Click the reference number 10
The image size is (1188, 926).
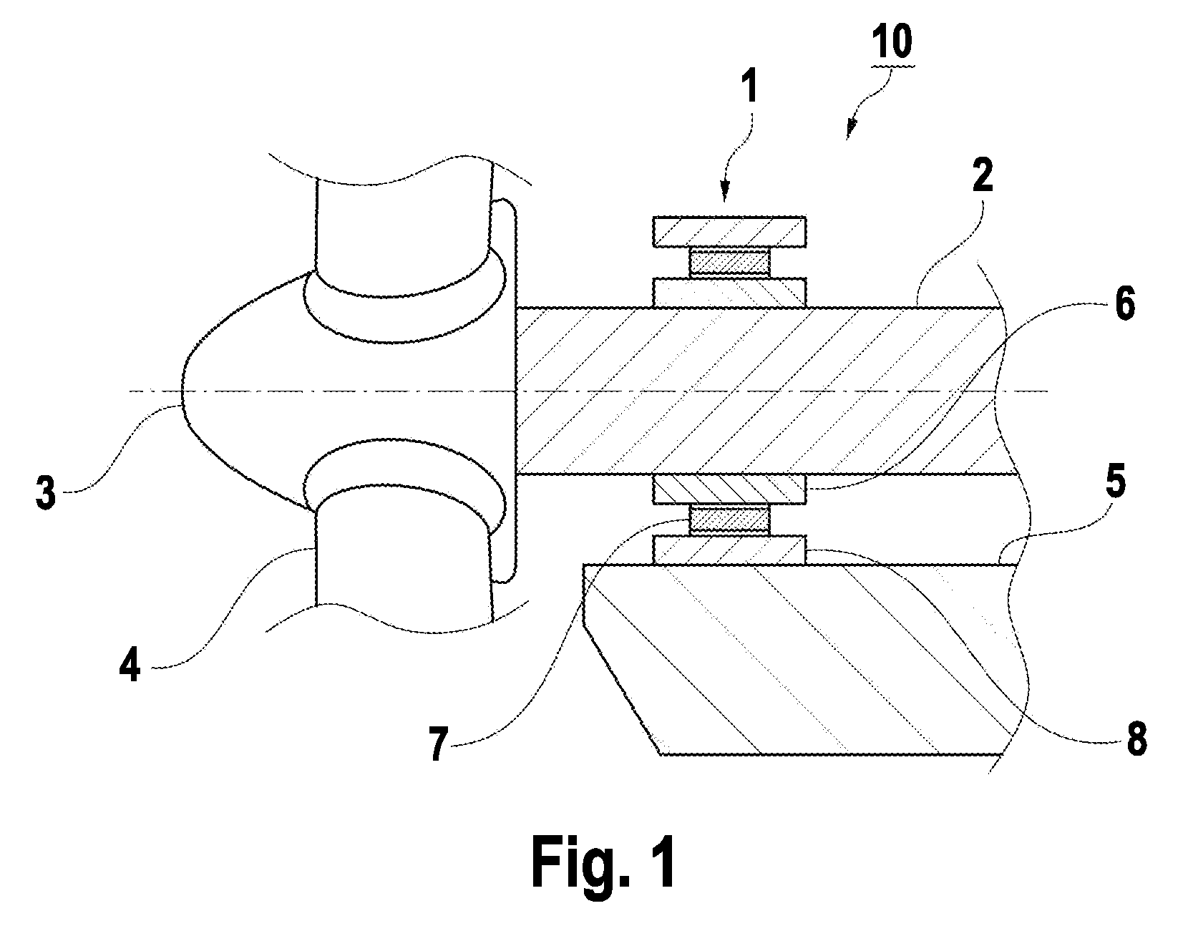tap(892, 41)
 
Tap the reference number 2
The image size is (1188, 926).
tap(982, 176)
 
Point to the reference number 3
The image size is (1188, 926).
tap(46, 492)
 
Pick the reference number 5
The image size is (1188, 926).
tap(1115, 481)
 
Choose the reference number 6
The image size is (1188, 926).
tap(1125, 303)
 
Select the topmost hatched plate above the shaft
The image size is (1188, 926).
tap(729, 232)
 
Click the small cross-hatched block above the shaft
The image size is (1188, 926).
tap(729, 263)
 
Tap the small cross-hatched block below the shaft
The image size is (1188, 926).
tap(729, 520)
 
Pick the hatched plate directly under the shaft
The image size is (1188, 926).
tap(729, 489)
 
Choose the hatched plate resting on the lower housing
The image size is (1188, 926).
tap(729, 550)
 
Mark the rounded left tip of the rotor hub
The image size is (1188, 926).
tap(182, 391)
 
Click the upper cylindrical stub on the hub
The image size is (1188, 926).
tap(404, 230)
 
